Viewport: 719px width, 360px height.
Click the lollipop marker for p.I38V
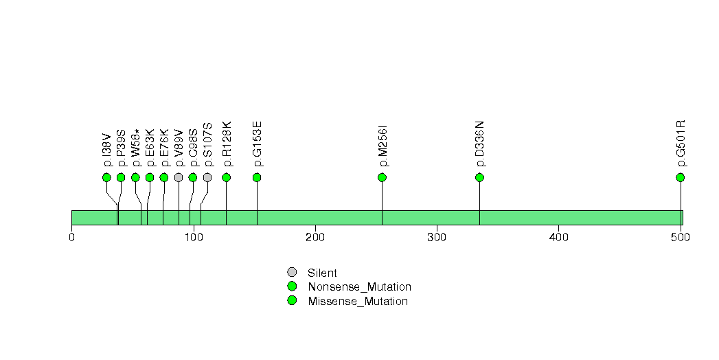pyautogui.click(x=107, y=177)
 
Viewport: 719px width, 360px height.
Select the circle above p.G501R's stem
pyautogui.click(x=681, y=177)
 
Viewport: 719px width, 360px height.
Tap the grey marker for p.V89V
pyautogui.click(x=179, y=177)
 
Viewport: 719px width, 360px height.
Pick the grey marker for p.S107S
pyautogui.click(x=207, y=177)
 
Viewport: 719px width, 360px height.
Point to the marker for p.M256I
pyautogui.click(x=382, y=177)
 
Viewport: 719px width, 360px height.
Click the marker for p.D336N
pyautogui.click(x=479, y=177)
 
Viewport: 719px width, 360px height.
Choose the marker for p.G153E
pyautogui.click(x=257, y=177)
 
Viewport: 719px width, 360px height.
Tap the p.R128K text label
pyautogui.click(x=227, y=144)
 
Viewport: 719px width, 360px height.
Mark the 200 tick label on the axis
pyautogui.click(x=315, y=237)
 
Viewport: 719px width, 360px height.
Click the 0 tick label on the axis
pyautogui.click(x=71, y=237)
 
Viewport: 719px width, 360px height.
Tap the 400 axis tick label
pyautogui.click(x=558, y=237)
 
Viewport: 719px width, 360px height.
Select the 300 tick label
pyautogui.click(x=437, y=237)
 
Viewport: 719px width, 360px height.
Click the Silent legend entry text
pyautogui.click(x=322, y=273)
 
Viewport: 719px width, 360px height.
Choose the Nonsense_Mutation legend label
pyautogui.click(x=360, y=287)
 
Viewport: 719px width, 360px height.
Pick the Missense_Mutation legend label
pyautogui.click(x=358, y=302)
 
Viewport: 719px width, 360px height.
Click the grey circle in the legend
pyautogui.click(x=292, y=273)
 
